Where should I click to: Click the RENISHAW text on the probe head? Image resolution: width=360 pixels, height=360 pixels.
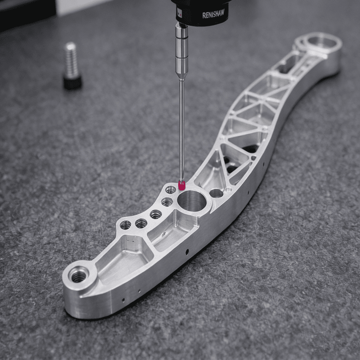[x=213, y=14]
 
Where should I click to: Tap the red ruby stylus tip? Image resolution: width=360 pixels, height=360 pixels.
[x=181, y=185]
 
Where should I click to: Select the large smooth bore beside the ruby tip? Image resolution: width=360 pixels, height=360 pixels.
[x=192, y=201]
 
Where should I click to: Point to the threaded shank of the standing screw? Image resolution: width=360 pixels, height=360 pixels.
[x=71, y=60]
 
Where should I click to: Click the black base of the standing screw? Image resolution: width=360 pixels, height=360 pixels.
[x=72, y=83]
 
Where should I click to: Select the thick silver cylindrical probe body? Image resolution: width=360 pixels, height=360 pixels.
[x=182, y=50]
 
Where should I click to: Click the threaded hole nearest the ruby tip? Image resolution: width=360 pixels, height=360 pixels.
[x=171, y=190]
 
